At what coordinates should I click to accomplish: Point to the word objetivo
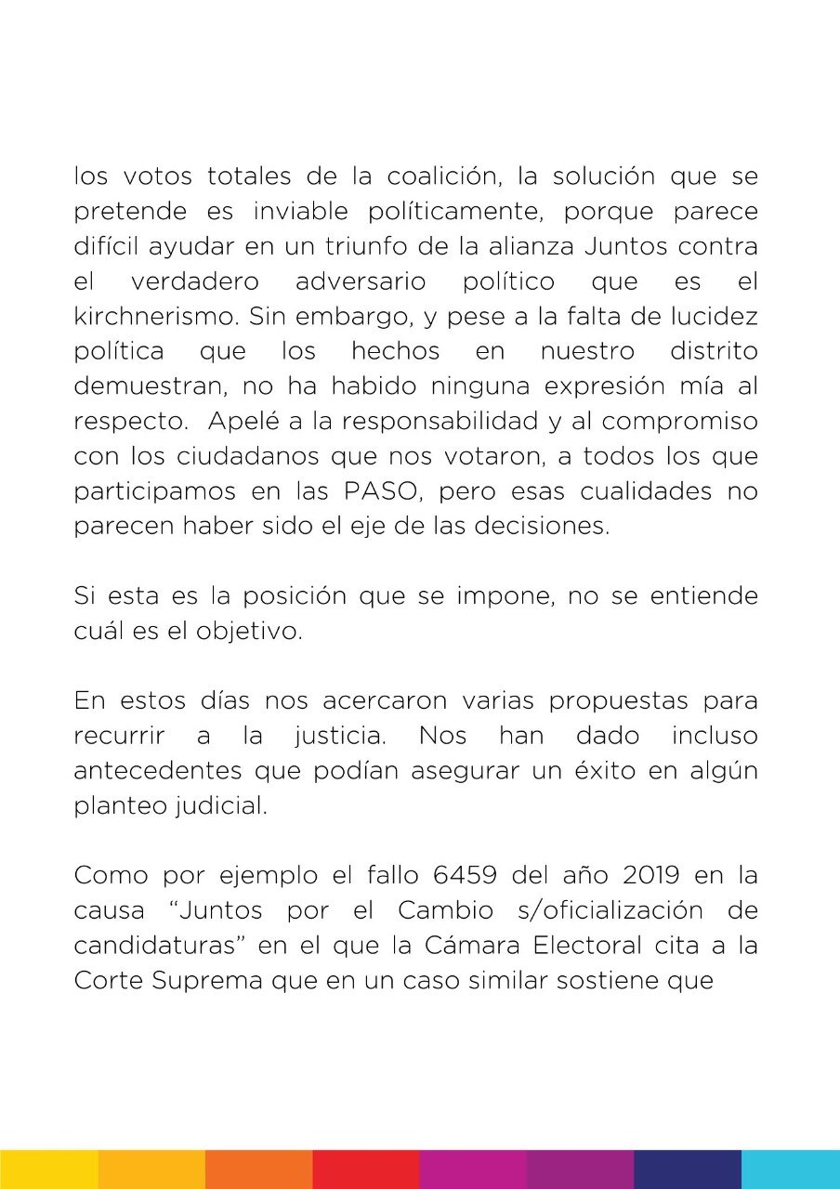click(251, 630)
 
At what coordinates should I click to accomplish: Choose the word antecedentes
click(151, 771)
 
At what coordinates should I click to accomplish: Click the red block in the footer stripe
click(366, 1169)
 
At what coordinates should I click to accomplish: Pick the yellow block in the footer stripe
click(49, 1169)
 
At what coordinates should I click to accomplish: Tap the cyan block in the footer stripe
click(790, 1169)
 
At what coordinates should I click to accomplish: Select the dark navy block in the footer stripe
click(688, 1169)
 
